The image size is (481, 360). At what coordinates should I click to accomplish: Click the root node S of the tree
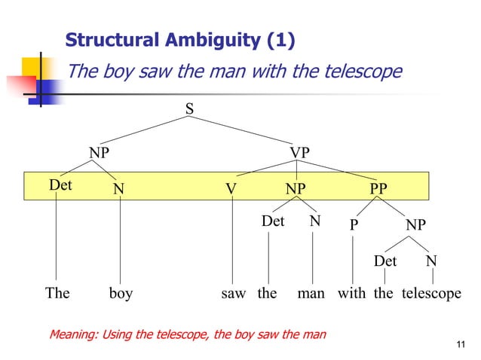(189, 110)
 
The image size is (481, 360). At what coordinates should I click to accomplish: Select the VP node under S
(299, 153)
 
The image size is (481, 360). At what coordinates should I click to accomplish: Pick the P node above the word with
(354, 225)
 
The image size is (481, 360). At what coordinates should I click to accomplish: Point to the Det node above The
(60, 185)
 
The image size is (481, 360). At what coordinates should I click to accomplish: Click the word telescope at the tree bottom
(430, 293)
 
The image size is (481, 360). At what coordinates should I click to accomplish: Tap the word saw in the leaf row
(234, 293)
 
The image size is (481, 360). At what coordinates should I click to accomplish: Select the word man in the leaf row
(311, 293)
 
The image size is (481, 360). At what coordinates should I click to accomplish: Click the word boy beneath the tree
(121, 293)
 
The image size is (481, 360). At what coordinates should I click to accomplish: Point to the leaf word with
(351, 293)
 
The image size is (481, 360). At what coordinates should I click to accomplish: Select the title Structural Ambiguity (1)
(180, 40)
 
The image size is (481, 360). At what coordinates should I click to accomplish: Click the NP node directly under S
(99, 153)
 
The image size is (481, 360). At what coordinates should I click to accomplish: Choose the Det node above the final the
(385, 261)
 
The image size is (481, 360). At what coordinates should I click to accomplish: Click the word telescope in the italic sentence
(363, 72)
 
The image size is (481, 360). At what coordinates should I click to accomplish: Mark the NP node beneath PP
(415, 225)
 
